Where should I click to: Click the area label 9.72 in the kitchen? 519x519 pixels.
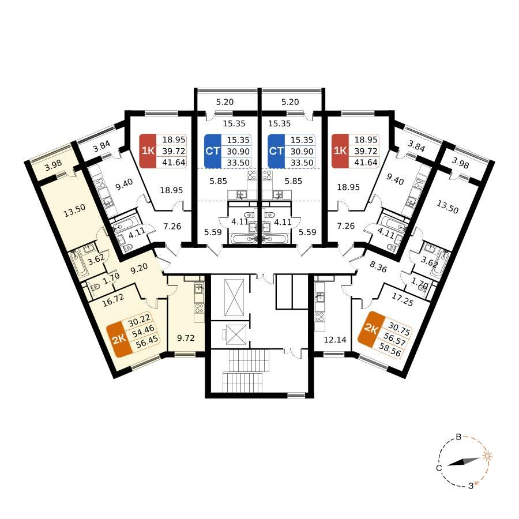tap(186, 338)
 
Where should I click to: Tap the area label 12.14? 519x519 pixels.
tap(335, 339)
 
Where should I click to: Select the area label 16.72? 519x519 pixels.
tap(113, 300)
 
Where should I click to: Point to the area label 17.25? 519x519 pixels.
tap(402, 299)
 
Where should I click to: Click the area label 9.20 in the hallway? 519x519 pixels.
tap(139, 268)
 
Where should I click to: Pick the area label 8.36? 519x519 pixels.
tap(378, 267)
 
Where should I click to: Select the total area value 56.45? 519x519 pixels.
tap(147, 342)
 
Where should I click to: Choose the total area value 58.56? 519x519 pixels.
tap(392, 351)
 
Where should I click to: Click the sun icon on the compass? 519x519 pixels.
tap(487, 456)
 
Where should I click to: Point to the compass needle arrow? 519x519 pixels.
tap(464, 462)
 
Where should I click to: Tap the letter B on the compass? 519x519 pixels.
tap(459, 437)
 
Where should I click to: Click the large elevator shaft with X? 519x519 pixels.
tap(234, 298)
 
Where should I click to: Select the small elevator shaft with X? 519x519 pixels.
tap(234, 334)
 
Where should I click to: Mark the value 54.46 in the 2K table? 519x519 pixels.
tap(144, 331)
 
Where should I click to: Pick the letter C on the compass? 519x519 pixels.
tap(439, 468)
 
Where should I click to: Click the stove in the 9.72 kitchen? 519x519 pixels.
tap(200, 309)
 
